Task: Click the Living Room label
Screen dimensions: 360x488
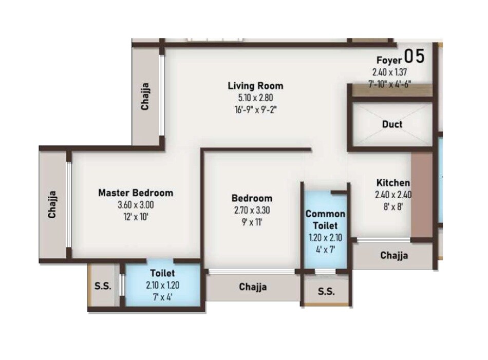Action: tap(255, 86)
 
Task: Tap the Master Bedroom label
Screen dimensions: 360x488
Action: tap(136, 193)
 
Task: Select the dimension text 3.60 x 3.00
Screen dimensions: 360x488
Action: tap(136, 205)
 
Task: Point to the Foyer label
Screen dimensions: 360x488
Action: tap(389, 60)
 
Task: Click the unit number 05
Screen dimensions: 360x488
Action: tap(414, 56)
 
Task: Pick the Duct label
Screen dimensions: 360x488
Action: tap(392, 124)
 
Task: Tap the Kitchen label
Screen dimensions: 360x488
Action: tap(393, 183)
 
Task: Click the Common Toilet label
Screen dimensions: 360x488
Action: tap(325, 219)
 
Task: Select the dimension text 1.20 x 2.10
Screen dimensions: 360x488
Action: tap(325, 238)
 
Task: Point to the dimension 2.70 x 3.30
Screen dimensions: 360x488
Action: tap(252, 211)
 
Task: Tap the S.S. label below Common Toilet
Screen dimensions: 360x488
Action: tap(326, 291)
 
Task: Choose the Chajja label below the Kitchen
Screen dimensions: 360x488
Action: tap(394, 255)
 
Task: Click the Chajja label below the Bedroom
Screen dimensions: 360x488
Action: tap(253, 288)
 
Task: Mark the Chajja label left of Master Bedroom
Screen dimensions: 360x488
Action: tap(52, 204)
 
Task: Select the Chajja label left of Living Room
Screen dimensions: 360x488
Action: tap(146, 97)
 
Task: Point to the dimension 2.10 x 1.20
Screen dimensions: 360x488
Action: tap(162, 285)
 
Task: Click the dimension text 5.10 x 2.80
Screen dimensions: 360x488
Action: tap(255, 98)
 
